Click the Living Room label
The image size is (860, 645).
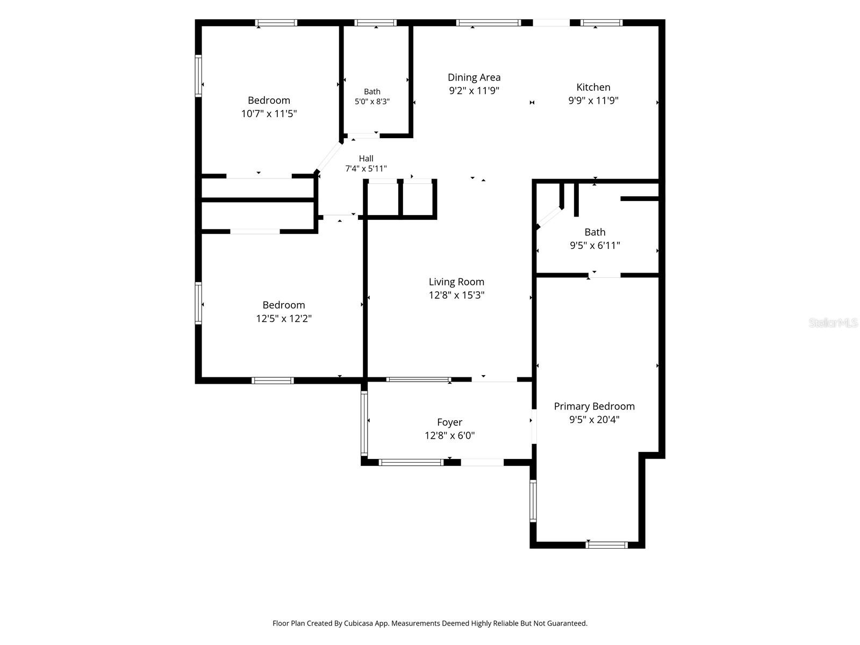click(x=456, y=282)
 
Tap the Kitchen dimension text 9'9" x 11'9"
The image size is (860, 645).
click(x=593, y=101)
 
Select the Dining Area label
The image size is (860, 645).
click(x=474, y=77)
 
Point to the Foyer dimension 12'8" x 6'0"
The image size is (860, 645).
click(x=449, y=435)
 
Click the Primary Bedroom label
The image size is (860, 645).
click(x=594, y=406)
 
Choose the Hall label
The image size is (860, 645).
click(x=366, y=158)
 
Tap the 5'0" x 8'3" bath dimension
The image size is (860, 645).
click(x=372, y=102)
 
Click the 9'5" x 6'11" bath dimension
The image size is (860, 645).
click(x=595, y=246)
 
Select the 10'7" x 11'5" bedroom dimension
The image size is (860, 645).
click(x=269, y=113)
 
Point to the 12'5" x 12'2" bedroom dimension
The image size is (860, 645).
click(x=284, y=318)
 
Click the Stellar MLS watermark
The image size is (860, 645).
click(x=833, y=322)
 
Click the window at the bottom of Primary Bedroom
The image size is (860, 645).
click(x=606, y=544)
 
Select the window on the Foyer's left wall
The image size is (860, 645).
click(x=364, y=423)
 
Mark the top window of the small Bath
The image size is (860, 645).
click(x=375, y=23)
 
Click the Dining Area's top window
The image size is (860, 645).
click(x=489, y=23)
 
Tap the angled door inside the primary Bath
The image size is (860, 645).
click(x=550, y=217)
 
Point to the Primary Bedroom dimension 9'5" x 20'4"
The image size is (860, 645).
click(x=594, y=419)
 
